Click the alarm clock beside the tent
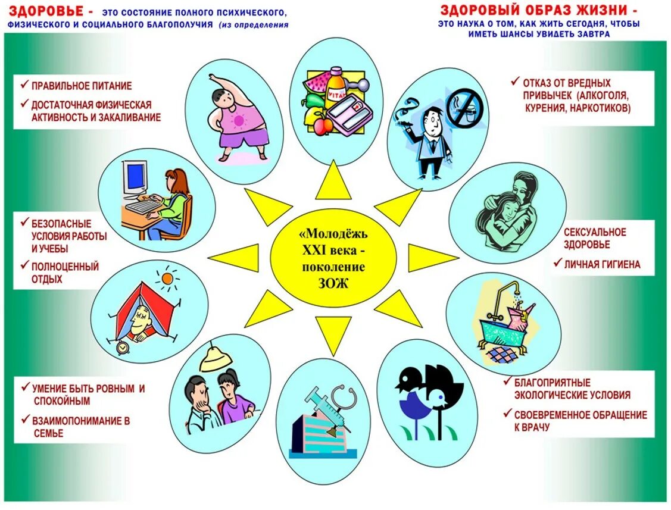coord(123,347)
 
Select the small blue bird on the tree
coord(439,395)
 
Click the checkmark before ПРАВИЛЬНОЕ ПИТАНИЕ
coord(24,85)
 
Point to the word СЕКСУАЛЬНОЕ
coord(595,232)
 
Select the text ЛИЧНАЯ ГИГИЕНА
coord(603,264)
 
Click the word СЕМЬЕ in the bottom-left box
coord(48,434)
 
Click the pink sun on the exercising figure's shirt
coord(239,120)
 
